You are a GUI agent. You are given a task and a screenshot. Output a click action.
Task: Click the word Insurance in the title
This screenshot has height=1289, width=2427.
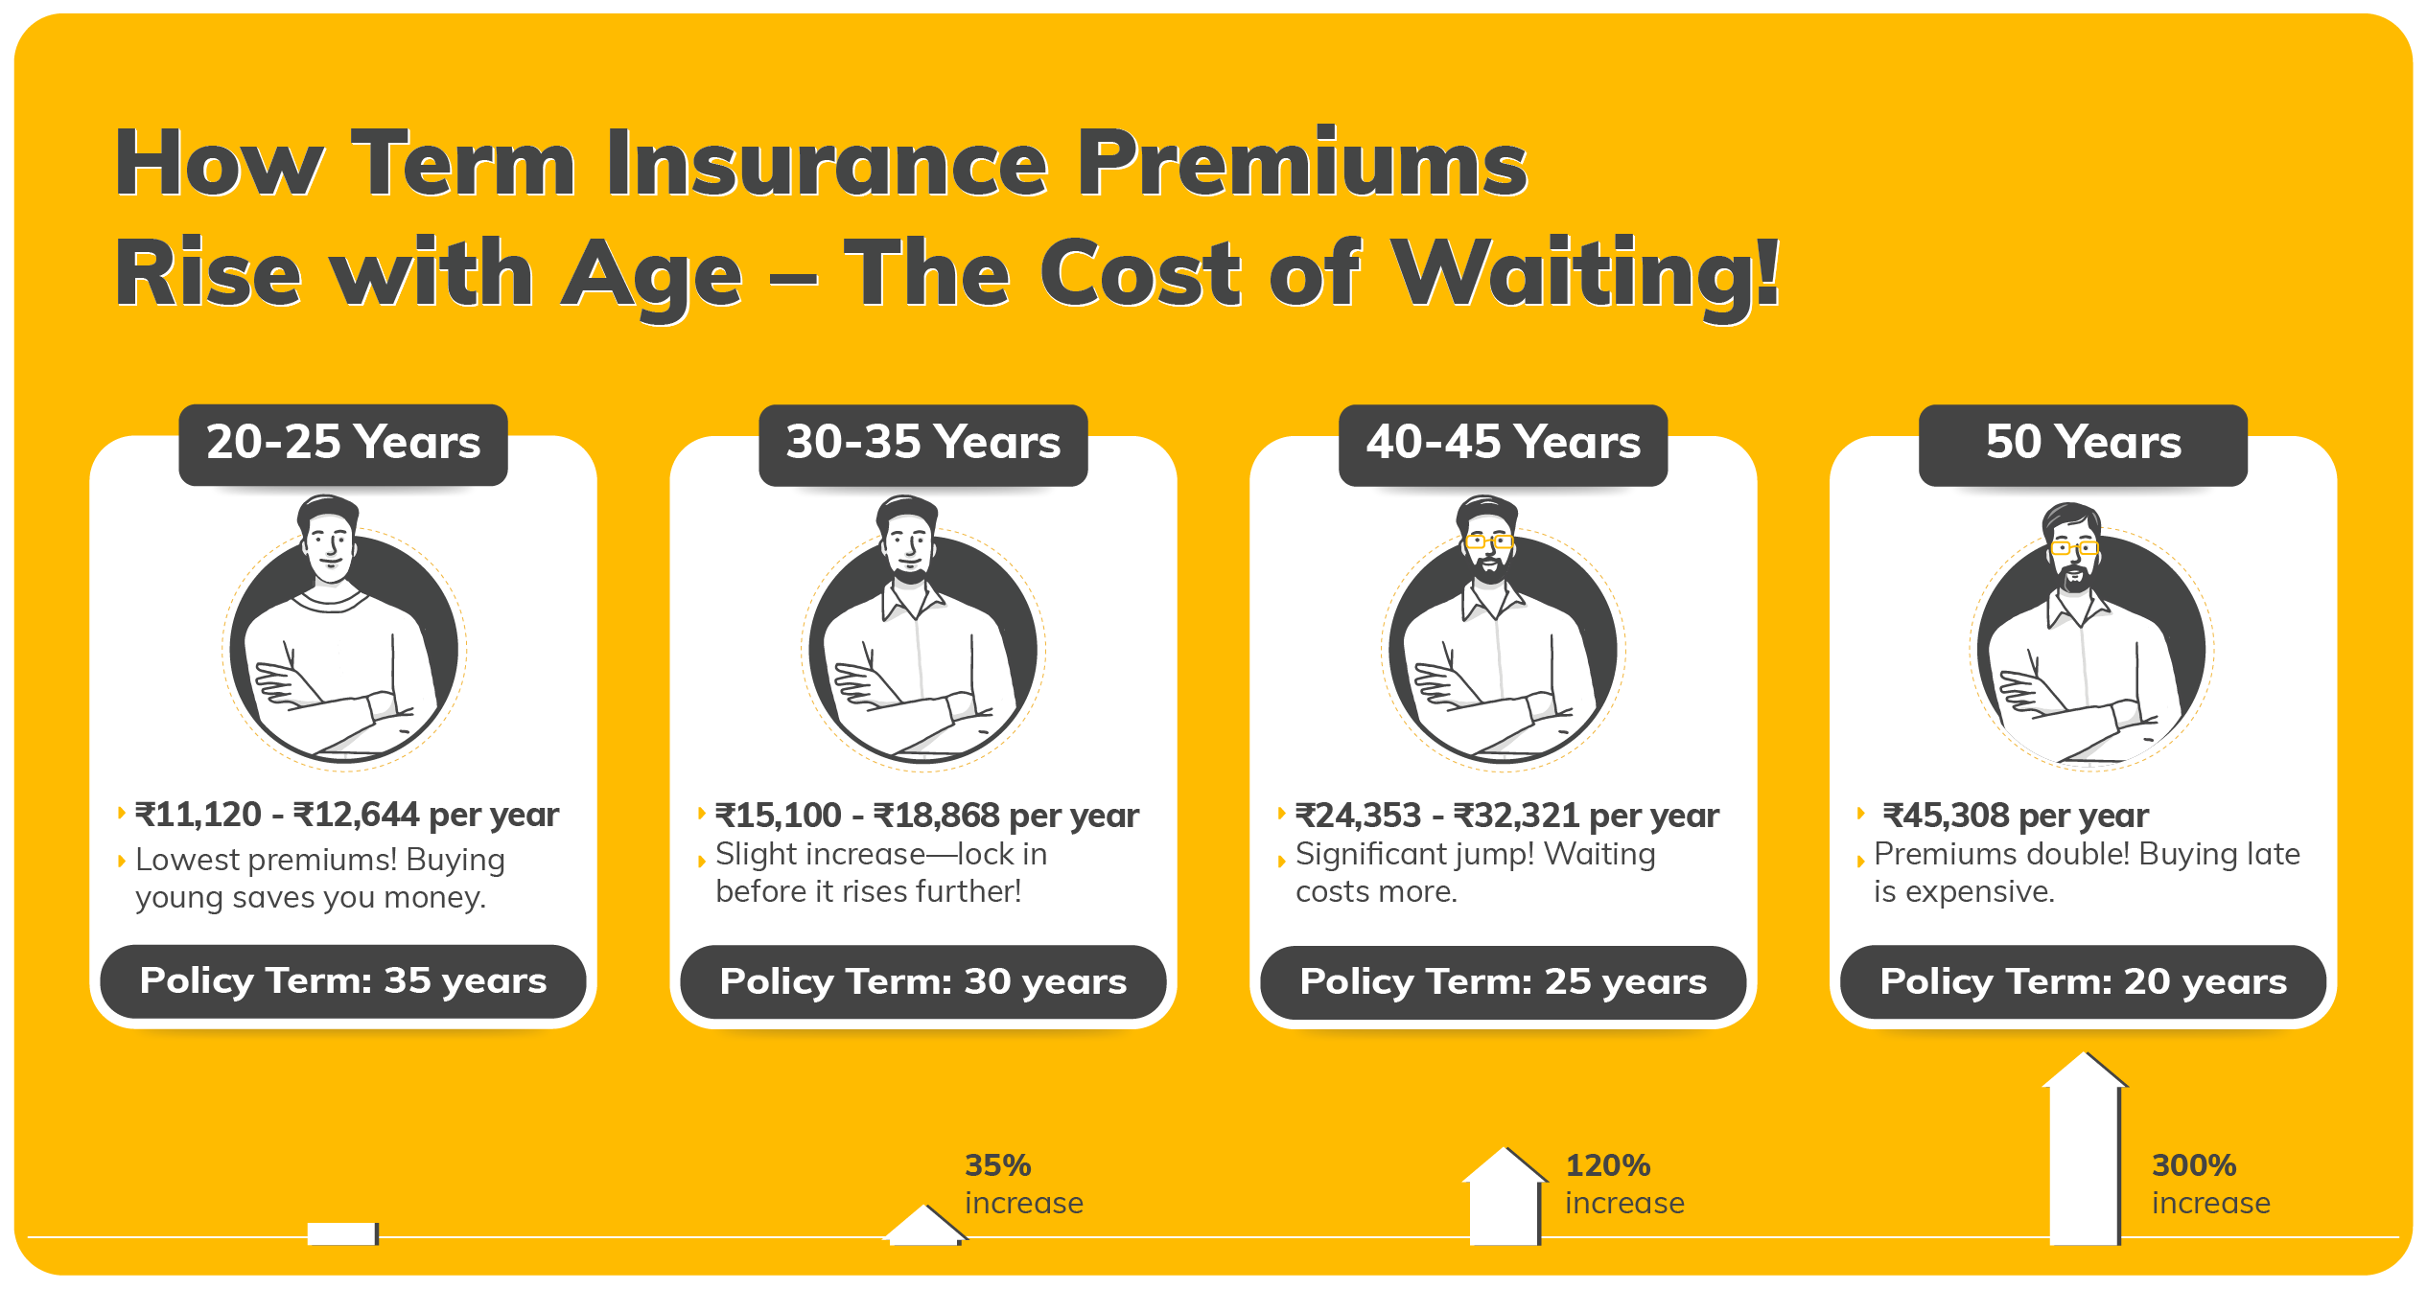826,164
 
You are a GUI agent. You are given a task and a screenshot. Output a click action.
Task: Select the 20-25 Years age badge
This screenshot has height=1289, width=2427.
343,445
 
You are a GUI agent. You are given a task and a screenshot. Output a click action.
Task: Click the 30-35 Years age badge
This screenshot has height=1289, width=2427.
923,445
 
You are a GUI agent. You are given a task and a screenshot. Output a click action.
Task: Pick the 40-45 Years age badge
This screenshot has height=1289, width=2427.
1504,445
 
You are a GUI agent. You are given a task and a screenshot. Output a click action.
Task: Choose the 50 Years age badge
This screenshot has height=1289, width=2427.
2083,445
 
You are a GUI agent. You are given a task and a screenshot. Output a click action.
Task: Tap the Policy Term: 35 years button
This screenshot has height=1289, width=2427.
343,981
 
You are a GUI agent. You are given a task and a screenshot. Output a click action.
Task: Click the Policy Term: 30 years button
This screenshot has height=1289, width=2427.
923,981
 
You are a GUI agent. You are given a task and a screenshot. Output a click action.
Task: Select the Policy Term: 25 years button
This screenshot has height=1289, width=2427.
1504,981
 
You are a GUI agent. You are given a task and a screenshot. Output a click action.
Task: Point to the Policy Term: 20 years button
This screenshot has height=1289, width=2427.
2083,981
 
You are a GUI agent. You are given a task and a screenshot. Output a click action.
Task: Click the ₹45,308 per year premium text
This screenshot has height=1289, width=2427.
2016,816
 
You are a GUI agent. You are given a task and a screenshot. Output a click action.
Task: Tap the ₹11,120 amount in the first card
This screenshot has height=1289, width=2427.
198,815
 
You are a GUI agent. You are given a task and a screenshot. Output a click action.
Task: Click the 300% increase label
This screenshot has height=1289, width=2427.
2210,1184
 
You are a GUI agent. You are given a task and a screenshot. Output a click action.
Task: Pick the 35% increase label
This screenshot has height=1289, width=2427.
1024,1184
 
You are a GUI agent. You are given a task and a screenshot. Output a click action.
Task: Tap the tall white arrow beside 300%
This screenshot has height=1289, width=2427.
2085,1148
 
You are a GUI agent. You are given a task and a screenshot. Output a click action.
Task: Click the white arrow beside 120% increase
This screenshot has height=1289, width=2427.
1505,1196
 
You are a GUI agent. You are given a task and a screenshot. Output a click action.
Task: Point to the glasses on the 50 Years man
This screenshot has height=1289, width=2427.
2073,548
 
